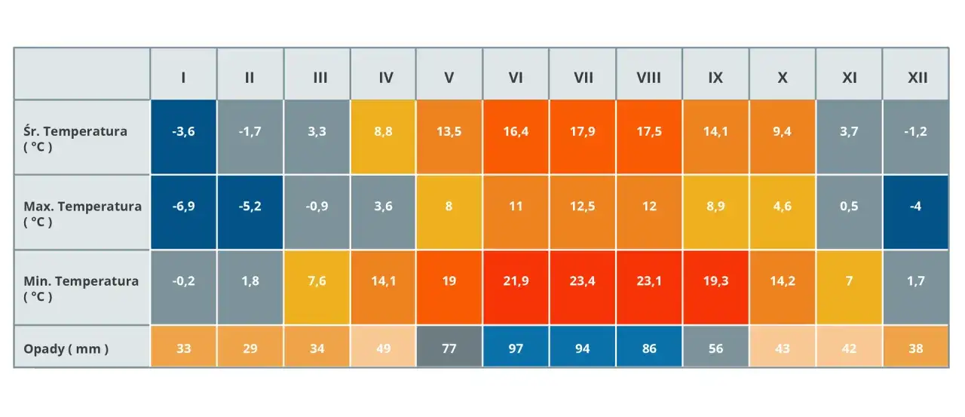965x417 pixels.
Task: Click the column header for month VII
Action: pyautogui.click(x=583, y=77)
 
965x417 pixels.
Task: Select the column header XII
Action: pyautogui.click(x=917, y=77)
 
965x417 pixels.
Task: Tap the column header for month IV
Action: pyautogui.click(x=383, y=77)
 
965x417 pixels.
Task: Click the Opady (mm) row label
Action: pyautogui.click(x=66, y=348)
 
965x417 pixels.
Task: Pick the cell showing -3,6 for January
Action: pyautogui.click(x=183, y=131)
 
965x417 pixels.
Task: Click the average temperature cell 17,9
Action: pyautogui.click(x=583, y=131)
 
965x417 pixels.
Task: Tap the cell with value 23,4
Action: pyautogui.click(x=583, y=281)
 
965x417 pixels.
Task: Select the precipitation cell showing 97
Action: pyautogui.click(x=516, y=348)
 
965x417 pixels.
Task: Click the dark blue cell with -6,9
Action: pyautogui.click(x=183, y=206)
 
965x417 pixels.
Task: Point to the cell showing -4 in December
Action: pyautogui.click(x=916, y=206)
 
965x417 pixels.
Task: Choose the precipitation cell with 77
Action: pyautogui.click(x=449, y=348)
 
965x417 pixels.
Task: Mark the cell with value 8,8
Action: pyautogui.click(x=383, y=131)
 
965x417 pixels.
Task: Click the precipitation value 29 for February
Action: pyautogui.click(x=250, y=348)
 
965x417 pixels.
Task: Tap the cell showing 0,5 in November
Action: pyautogui.click(x=849, y=206)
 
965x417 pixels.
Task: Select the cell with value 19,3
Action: pyautogui.click(x=715, y=281)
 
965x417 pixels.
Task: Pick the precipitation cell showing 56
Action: pyautogui.click(x=715, y=348)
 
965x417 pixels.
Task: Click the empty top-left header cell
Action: pyautogui.click(x=82, y=74)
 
